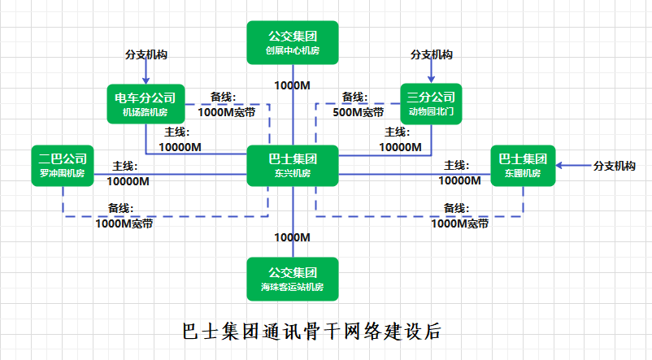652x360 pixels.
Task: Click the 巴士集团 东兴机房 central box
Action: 292,166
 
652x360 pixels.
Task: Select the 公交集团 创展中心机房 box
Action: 292,43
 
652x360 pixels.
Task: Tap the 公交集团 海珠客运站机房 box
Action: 292,278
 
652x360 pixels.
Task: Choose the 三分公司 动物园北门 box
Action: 432,104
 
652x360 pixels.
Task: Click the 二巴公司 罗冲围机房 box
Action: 63,166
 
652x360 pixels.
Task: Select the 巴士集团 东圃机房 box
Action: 523,166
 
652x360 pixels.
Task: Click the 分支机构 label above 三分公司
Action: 432,55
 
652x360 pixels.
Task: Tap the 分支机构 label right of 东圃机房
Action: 615,166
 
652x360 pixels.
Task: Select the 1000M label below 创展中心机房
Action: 292,85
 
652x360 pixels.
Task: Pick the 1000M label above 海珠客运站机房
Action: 292,237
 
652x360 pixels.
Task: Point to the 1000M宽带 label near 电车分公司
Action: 227,112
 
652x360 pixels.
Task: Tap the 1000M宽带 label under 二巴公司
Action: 124,223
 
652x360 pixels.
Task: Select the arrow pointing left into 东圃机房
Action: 572,166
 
